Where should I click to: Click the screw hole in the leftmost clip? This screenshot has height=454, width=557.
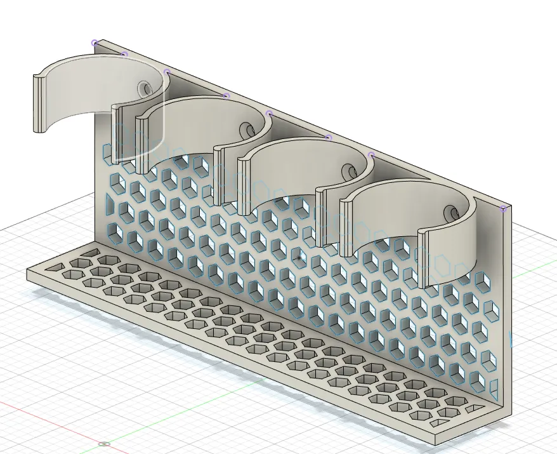(x=145, y=88)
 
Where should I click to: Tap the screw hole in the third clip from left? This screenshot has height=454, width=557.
(x=349, y=171)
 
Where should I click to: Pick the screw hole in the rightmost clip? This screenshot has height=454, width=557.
(x=451, y=213)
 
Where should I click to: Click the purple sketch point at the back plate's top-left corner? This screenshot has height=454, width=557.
(x=95, y=43)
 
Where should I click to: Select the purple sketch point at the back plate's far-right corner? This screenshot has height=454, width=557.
(x=504, y=208)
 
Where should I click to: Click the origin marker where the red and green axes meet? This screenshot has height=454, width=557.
(x=105, y=444)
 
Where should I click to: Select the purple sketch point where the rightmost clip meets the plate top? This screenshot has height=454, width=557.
(x=372, y=154)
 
